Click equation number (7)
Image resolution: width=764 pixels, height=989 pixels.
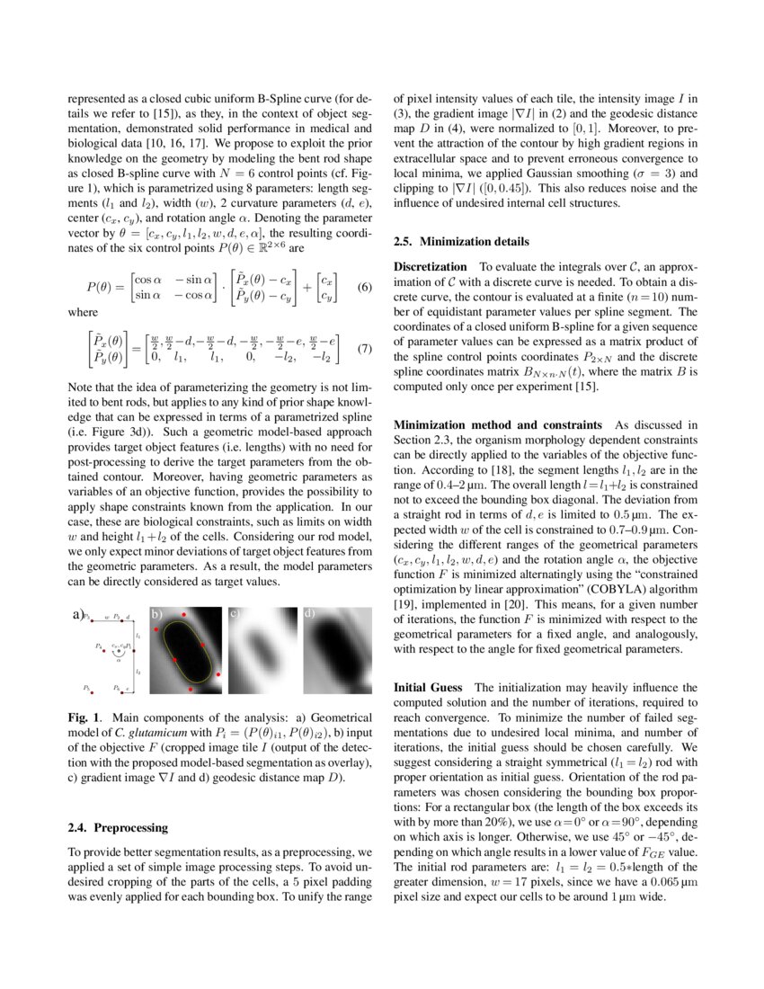pyautogui.click(x=365, y=347)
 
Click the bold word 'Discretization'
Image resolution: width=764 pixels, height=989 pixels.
pyautogui.click(x=431, y=267)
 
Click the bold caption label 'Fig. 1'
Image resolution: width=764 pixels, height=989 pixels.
pyautogui.click(x=84, y=718)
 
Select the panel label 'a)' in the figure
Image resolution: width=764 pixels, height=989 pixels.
pyautogui.click(x=76, y=616)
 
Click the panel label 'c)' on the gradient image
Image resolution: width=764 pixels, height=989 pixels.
pyautogui.click(x=234, y=615)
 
